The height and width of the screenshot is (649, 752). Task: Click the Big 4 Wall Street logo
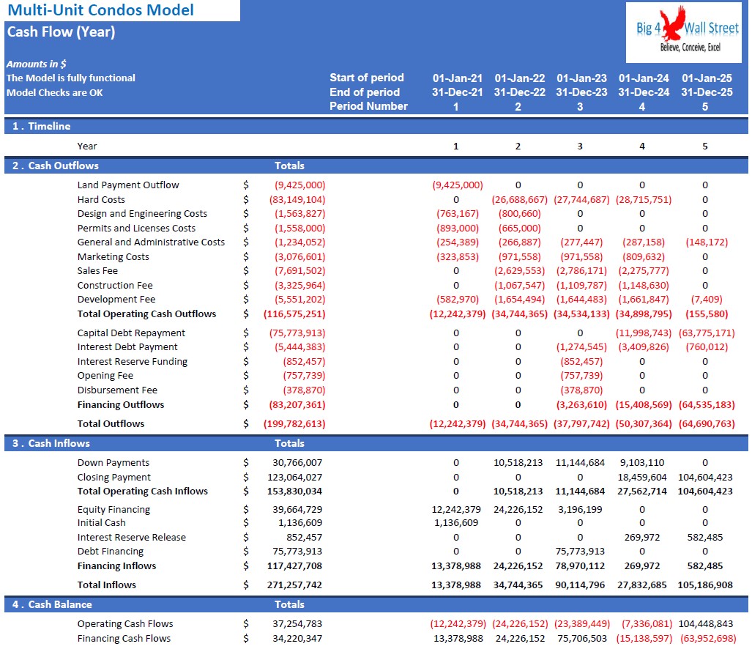(x=683, y=32)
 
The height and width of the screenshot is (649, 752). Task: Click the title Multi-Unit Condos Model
(x=101, y=10)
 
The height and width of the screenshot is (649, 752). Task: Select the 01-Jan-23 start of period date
(x=581, y=78)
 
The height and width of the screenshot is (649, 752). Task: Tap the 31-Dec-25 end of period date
(x=707, y=92)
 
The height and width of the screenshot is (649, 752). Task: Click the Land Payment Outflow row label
(x=128, y=185)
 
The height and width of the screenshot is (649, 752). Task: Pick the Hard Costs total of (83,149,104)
(x=297, y=199)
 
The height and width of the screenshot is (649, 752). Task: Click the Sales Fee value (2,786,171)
(x=581, y=271)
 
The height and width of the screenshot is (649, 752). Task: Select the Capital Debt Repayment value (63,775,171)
(x=707, y=333)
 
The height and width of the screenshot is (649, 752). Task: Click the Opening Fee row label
(x=105, y=376)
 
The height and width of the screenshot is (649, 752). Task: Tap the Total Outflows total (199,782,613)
(x=294, y=424)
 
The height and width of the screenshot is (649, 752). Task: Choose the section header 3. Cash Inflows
(x=51, y=443)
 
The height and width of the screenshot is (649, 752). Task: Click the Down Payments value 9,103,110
(x=642, y=463)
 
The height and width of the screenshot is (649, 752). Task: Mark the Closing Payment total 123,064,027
(x=294, y=478)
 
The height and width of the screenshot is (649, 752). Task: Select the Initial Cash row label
(x=102, y=523)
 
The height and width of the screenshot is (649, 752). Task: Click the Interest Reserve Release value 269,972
(x=642, y=538)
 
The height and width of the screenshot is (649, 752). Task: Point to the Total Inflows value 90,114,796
(x=580, y=585)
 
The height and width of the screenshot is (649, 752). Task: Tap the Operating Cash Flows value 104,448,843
(x=705, y=624)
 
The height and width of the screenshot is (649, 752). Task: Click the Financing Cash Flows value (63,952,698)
(x=707, y=639)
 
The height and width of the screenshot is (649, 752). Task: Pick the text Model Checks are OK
(x=55, y=92)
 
